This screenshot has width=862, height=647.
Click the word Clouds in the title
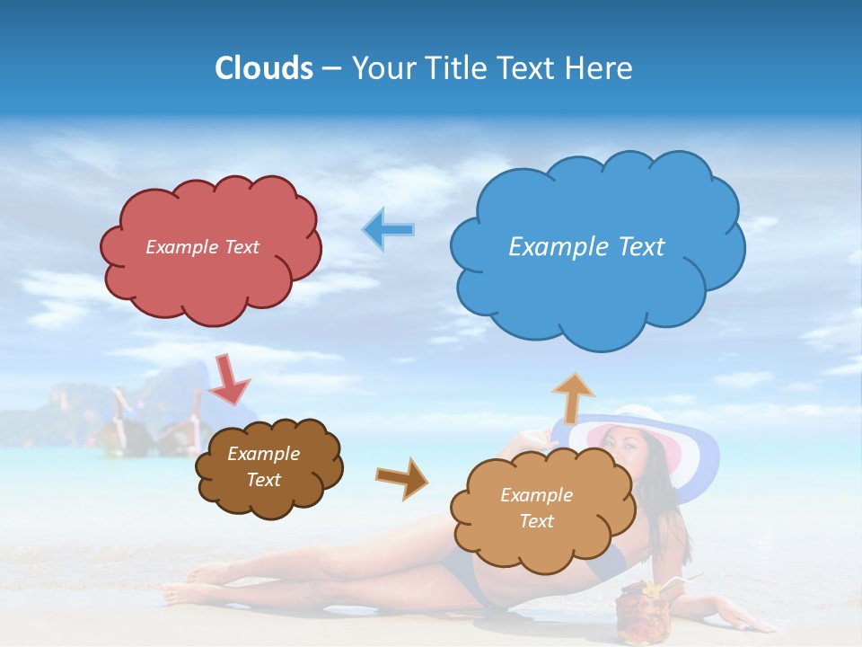click(264, 68)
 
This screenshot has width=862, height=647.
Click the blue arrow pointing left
click(388, 230)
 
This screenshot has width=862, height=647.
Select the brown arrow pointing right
click(402, 477)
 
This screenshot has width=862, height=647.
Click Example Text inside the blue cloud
click(586, 246)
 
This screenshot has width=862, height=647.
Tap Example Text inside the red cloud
click(202, 247)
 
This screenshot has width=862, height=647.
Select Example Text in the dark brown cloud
click(264, 466)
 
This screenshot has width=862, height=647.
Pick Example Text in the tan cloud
click(536, 508)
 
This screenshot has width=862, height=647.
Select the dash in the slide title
click(331, 68)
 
